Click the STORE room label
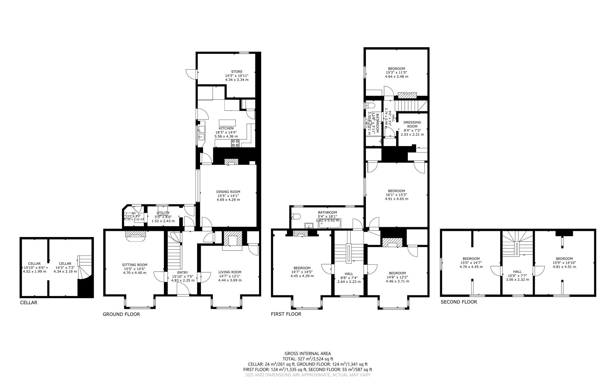[237, 72]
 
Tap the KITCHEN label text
[226, 128]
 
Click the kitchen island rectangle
[227, 122]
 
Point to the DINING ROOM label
[228, 192]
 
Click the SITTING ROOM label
[135, 265]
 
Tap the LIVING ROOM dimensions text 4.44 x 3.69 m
[230, 280]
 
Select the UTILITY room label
[163, 213]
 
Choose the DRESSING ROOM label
[412, 124]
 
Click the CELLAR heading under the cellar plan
[29, 302]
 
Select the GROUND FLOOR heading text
[121, 314]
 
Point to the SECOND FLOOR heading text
[459, 302]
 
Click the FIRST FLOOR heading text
[286, 314]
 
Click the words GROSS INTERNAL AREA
[308, 354]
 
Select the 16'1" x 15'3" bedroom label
[396, 191]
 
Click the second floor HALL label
[517, 272]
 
